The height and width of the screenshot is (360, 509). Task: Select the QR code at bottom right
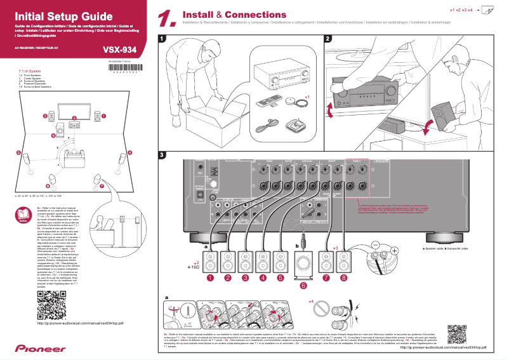(457, 333)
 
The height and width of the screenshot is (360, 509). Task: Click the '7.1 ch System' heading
(30, 71)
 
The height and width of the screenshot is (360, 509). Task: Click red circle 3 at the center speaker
(74, 118)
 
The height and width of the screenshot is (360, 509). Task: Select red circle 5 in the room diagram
(18, 153)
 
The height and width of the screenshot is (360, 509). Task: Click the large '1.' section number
(166, 19)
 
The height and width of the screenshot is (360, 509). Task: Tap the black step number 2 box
(327, 39)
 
